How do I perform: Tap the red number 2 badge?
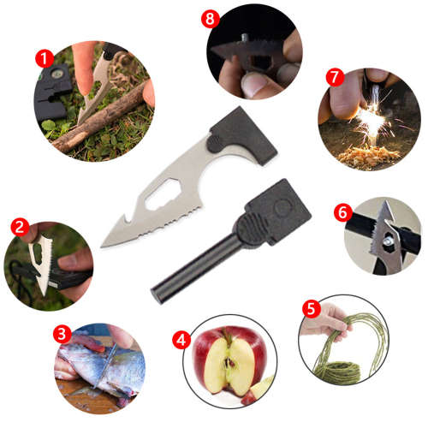[x=18, y=227]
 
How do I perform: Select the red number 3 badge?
[x=61, y=332]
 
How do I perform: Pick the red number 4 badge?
[x=181, y=337]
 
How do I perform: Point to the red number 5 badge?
[x=312, y=306]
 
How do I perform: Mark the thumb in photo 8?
[x=256, y=83]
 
